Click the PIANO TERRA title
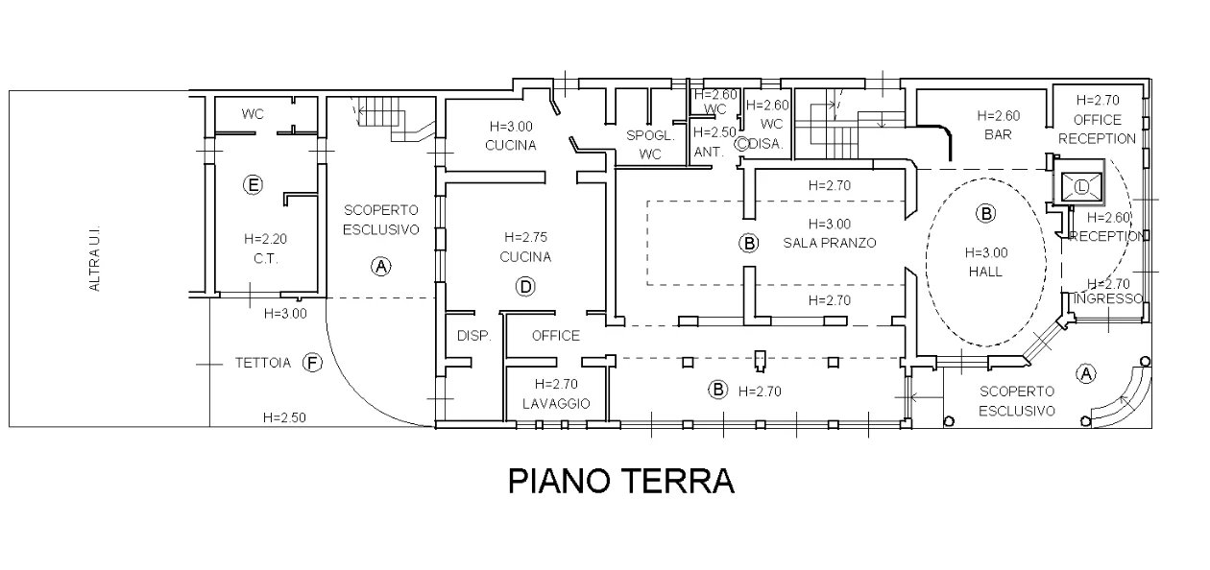pos(621,481)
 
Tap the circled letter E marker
pos(253,185)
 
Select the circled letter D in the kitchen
pos(525,287)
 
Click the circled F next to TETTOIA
pos(312,363)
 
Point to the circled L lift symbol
pos(1081,187)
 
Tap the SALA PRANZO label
pos(830,243)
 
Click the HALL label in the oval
pos(986,272)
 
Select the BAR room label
pos(998,134)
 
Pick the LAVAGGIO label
pos(556,404)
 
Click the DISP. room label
pos(473,336)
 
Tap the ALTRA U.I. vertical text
pos(94,258)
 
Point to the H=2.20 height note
pos(265,239)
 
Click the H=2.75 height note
pos(525,237)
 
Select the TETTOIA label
pos(263,363)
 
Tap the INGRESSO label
pos(1109,298)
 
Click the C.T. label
pos(265,258)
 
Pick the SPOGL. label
pos(650,135)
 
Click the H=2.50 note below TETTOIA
pos(284,417)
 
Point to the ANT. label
pos(709,153)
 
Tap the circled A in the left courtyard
pos(381,266)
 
